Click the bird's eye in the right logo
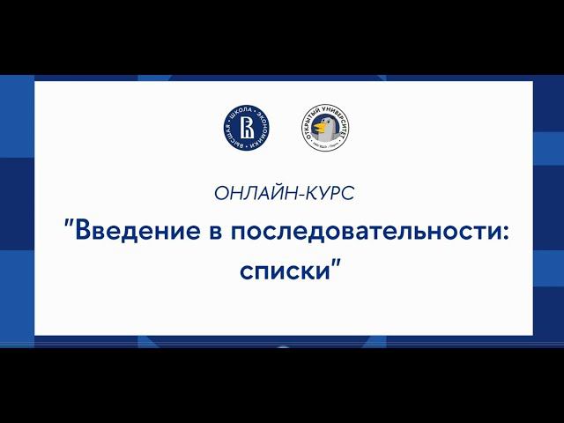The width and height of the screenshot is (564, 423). (x=323, y=124)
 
